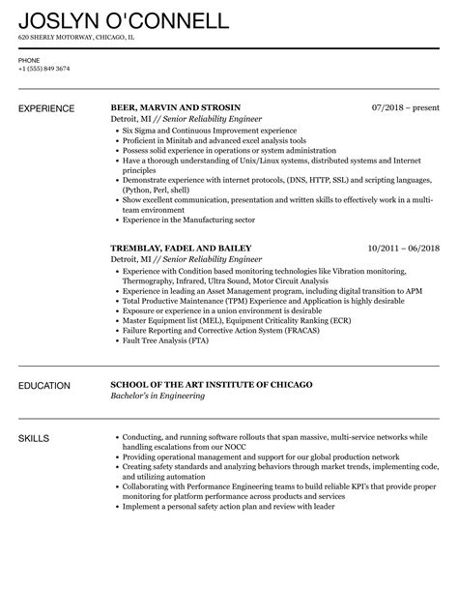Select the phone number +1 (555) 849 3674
coord(45,68)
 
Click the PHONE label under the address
coord(29,59)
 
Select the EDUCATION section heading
coord(44,386)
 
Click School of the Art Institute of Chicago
coord(211,386)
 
